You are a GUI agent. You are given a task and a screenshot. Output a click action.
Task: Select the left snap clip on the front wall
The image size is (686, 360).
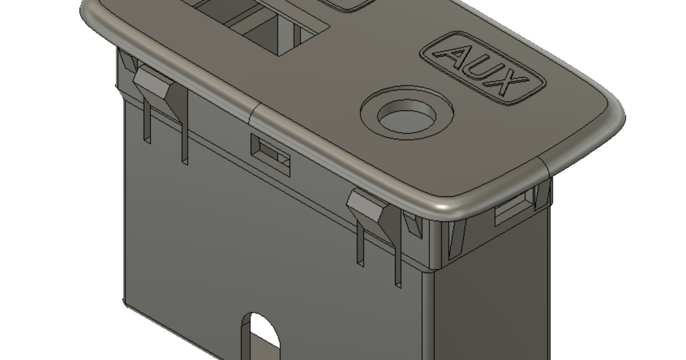click(158, 86)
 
